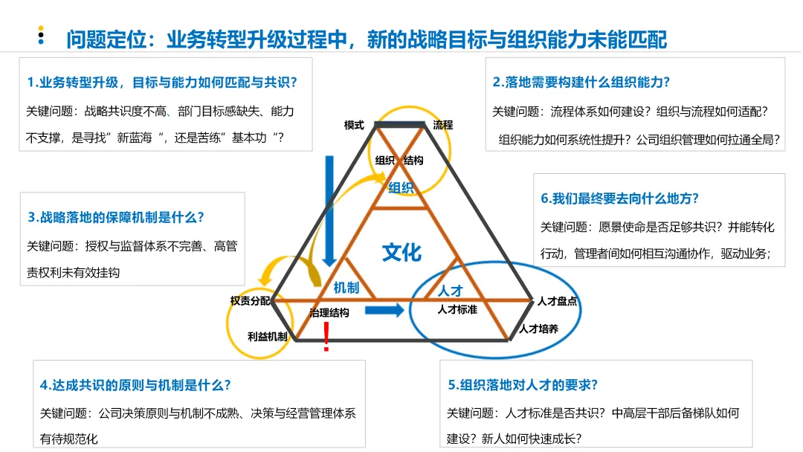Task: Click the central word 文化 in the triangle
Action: [401, 253]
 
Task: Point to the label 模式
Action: [354, 125]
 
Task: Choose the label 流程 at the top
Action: [443, 125]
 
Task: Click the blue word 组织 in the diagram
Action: [401, 187]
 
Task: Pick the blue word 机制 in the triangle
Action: [346, 287]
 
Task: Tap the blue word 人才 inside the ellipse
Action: [451, 291]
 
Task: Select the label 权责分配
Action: [251, 300]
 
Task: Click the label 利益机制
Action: [267, 336]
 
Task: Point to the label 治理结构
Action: [329, 313]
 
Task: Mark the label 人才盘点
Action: [557, 301]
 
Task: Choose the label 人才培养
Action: [539, 328]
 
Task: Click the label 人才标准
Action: [457, 309]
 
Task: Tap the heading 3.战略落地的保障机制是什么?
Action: [116, 217]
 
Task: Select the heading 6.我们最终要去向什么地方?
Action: [620, 198]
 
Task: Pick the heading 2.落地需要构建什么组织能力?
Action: [581, 82]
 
